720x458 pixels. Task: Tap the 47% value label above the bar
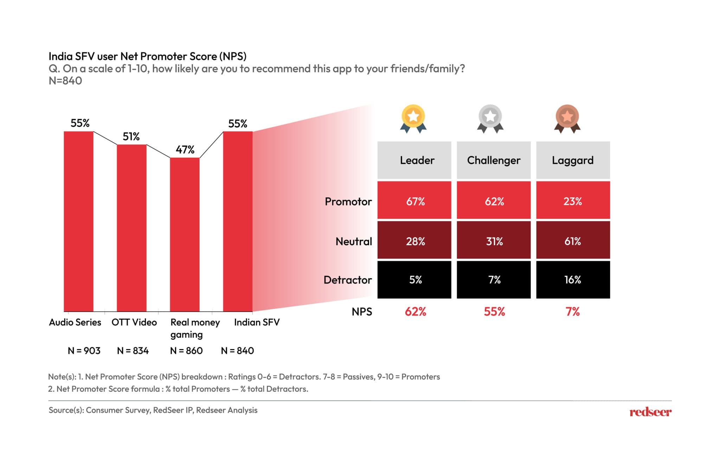click(x=185, y=150)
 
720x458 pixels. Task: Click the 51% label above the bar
click(x=131, y=136)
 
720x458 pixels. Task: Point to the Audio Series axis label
click(x=75, y=322)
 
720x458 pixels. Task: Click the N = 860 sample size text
click(x=186, y=351)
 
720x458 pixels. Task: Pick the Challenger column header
click(x=494, y=160)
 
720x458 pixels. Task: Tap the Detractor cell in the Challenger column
click(x=494, y=280)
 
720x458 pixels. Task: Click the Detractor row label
click(x=347, y=280)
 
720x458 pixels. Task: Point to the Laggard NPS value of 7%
click(x=572, y=312)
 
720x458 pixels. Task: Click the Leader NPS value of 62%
click(x=415, y=312)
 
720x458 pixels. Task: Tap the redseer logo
click(x=650, y=412)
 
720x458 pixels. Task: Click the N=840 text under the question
click(x=65, y=81)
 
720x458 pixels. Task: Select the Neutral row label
click(x=353, y=241)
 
